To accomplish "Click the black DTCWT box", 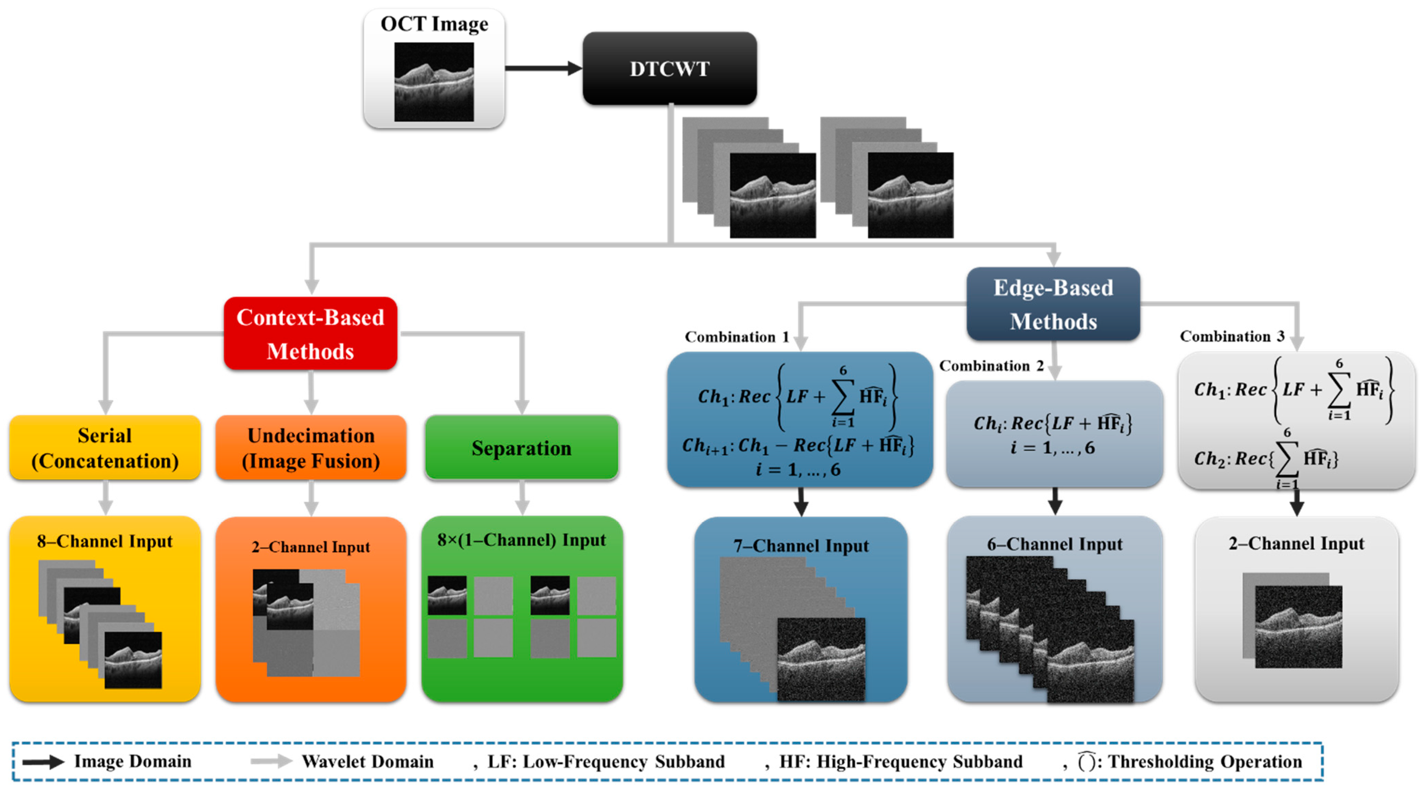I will point(669,69).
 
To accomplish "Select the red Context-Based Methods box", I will point(310,334).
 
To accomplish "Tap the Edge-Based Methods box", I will point(1053,304).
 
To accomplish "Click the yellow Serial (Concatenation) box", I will point(105,448).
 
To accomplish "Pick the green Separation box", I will point(521,448).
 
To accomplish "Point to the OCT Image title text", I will point(434,24).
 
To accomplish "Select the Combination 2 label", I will point(991,366).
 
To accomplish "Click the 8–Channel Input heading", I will point(105,541).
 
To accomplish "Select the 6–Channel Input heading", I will point(1054,544).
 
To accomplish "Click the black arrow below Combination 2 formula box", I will point(1055,501).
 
